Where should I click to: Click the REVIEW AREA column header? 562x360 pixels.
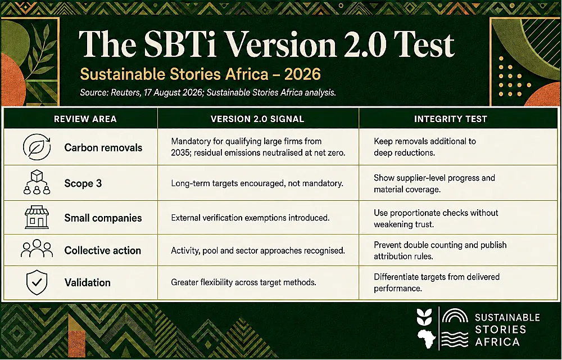point(85,119)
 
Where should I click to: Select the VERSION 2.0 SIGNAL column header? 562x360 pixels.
point(257,119)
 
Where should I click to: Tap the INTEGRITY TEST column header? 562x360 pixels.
point(451,119)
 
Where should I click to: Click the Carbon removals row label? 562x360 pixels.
point(103,148)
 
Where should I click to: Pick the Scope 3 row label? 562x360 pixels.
point(83,183)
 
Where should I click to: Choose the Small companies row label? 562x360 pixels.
point(103,218)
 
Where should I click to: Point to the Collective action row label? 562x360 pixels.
point(102,250)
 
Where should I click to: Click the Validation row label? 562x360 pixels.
point(88,282)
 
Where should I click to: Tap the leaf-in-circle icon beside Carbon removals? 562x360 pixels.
point(37,147)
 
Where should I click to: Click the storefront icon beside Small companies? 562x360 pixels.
point(37,217)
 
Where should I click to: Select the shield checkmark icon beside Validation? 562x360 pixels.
point(37,282)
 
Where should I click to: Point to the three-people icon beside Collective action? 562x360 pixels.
point(37,248)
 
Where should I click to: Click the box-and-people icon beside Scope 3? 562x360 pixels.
point(37,182)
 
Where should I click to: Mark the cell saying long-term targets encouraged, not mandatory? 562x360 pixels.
point(257,183)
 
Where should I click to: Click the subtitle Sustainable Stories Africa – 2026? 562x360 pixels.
point(201,74)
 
